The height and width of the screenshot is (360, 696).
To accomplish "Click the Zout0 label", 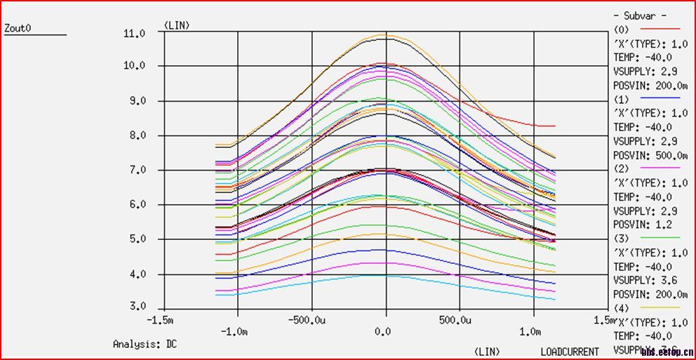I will coord(19,29).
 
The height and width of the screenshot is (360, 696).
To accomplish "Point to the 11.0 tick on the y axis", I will coord(133,33).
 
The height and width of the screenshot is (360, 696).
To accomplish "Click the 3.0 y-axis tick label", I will coord(136,307).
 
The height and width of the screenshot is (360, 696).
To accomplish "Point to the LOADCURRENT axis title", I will coord(570,351).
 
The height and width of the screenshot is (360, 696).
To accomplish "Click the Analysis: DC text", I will coord(145,344).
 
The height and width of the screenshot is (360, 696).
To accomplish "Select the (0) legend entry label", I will coord(622,29).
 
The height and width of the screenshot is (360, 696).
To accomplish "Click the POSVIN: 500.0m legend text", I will coord(650,154).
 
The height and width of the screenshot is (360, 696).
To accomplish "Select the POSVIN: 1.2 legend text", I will coord(641,225).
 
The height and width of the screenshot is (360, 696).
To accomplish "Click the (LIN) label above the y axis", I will coord(177,25).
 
